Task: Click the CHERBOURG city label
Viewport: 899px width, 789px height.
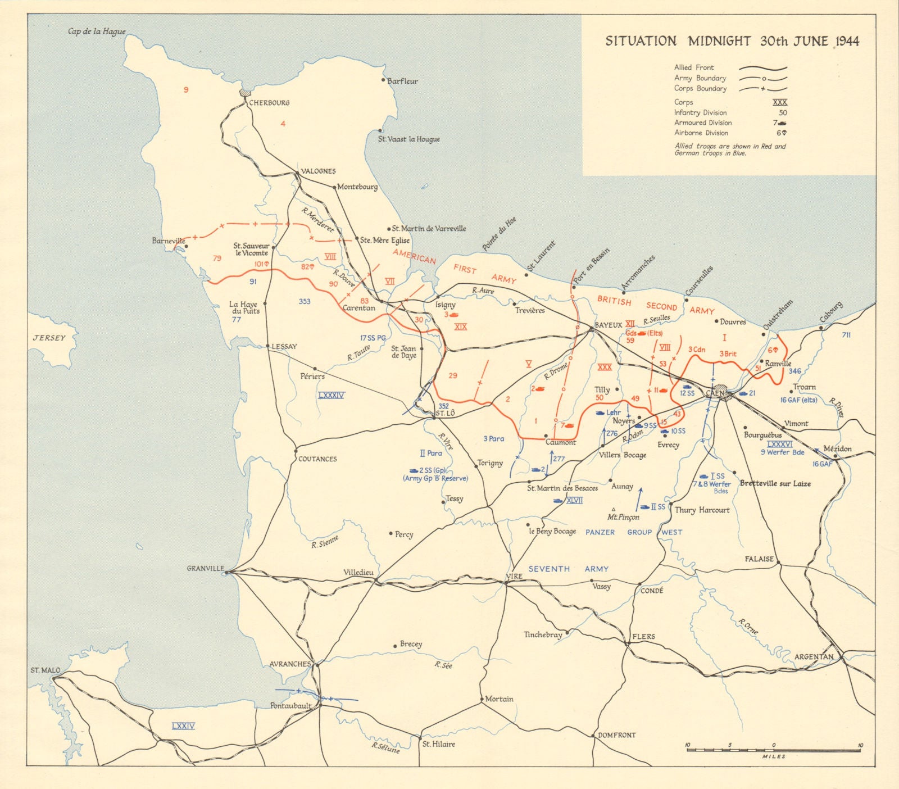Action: pos(269,103)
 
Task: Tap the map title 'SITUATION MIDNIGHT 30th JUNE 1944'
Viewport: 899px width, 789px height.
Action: pos(732,41)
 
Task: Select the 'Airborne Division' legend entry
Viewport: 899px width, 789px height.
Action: pos(701,133)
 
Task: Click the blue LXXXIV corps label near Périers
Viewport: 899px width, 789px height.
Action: pos(331,395)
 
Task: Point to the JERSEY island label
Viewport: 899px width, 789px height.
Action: pos(49,338)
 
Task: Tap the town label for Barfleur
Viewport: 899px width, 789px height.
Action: pos(402,81)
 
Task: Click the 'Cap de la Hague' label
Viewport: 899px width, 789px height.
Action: pos(97,31)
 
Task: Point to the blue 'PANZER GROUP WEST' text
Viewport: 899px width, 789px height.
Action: pos(633,532)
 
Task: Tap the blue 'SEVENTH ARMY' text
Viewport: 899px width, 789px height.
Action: pos(568,569)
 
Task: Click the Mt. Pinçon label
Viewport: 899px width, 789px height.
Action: pos(623,516)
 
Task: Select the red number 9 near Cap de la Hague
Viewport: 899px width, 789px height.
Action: pos(186,89)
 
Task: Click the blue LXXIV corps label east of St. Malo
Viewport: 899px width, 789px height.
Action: pos(183,726)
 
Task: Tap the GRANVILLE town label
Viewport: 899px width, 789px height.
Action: pos(205,568)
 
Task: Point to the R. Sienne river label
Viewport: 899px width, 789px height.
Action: pos(325,541)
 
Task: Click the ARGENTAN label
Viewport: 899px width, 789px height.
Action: pos(813,656)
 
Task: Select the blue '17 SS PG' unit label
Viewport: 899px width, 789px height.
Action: pos(373,338)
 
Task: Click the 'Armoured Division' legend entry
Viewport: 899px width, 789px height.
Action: pos(702,123)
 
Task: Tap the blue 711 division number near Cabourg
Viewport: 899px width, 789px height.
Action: pos(846,335)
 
